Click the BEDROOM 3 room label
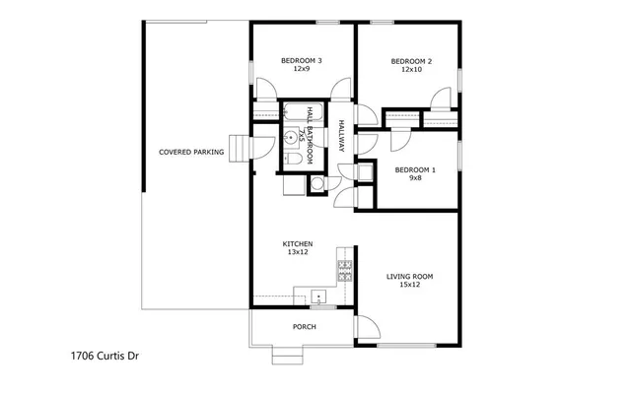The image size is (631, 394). [301, 61]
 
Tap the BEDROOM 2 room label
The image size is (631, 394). [410, 61]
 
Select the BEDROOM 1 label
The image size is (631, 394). [415, 170]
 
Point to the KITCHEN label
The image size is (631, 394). [298, 243]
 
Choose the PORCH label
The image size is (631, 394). [304, 326]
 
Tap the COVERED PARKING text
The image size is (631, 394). [191, 153]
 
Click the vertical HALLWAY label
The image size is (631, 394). [341, 135]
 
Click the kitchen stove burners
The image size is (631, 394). [344, 271]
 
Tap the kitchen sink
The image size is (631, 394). [317, 295]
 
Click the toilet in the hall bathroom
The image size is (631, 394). [293, 159]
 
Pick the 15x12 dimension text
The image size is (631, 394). [409, 285]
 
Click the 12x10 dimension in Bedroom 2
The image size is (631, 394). [410, 70]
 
